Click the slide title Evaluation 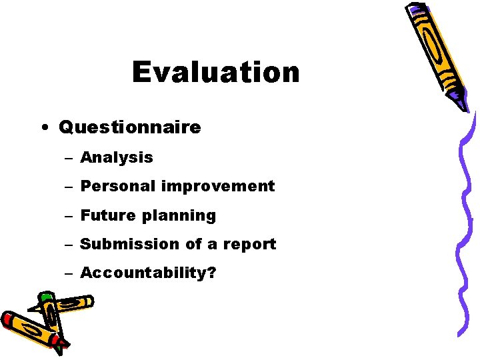point(215,72)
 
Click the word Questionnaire point(129,127)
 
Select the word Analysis point(116,157)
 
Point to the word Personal point(117,186)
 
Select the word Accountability point(142,273)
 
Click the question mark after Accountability point(211,273)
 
